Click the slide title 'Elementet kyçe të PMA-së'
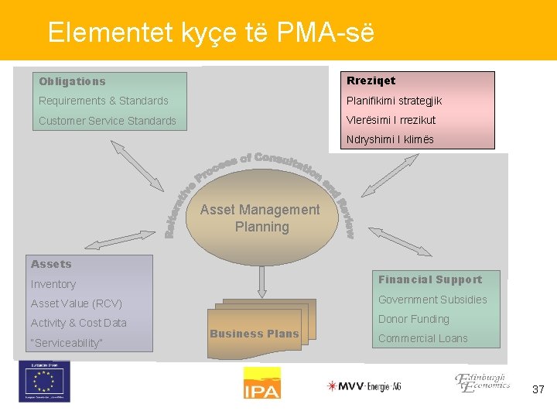click(x=210, y=33)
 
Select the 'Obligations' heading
click(x=72, y=81)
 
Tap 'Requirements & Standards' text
click(x=103, y=101)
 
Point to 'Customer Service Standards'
click(x=108, y=121)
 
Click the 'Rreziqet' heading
click(x=371, y=81)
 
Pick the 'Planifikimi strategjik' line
click(x=394, y=101)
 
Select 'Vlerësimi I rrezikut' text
click(x=391, y=120)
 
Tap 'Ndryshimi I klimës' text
click(x=390, y=140)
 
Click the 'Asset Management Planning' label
click(x=260, y=218)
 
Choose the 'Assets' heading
click(x=51, y=264)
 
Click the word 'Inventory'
click(x=53, y=284)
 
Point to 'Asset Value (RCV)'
click(x=76, y=303)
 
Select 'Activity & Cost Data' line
click(x=78, y=323)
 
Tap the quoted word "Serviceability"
click(x=67, y=343)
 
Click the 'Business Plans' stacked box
click(x=255, y=334)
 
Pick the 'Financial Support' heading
click(x=429, y=279)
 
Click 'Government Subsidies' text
click(x=432, y=300)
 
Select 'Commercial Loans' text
click(x=422, y=338)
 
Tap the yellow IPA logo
click(x=261, y=383)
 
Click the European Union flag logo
click(x=44, y=382)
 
